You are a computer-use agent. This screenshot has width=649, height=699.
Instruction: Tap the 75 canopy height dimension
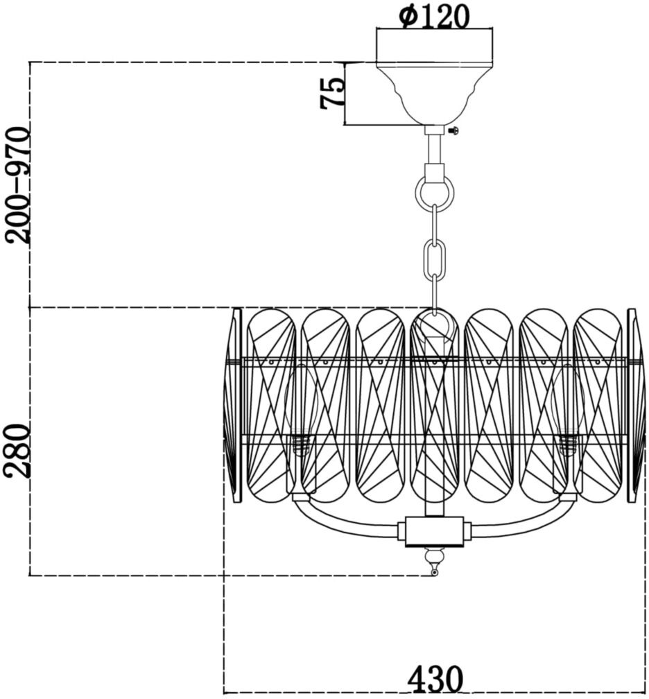(x=333, y=93)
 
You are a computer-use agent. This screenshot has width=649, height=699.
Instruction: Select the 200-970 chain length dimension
(x=18, y=184)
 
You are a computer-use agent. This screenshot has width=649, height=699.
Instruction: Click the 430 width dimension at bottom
(x=435, y=680)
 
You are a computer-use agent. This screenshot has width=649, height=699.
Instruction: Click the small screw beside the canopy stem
(x=453, y=130)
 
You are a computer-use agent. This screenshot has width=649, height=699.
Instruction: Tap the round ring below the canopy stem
(x=435, y=191)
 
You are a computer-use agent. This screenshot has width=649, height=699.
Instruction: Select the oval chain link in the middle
(x=435, y=258)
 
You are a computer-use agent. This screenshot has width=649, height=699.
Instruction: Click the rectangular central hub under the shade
(x=434, y=531)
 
